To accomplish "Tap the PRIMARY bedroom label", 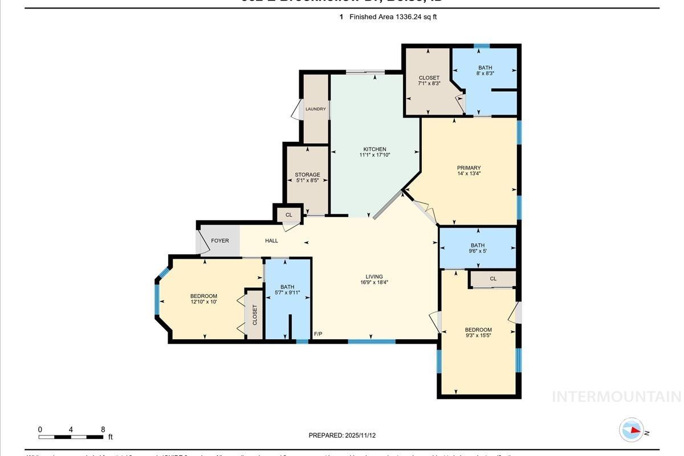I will point(469,168).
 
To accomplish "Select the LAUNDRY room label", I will point(315,109).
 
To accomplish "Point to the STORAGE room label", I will point(307,174).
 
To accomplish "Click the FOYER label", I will point(220,241).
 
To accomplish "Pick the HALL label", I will point(271,241).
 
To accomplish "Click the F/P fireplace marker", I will point(318,334).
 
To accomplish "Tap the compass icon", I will point(631,430).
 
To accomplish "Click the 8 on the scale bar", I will point(103,429).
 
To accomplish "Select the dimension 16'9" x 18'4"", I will point(374,282).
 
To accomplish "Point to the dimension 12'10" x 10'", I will point(203,302).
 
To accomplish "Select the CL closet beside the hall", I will point(288,215).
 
